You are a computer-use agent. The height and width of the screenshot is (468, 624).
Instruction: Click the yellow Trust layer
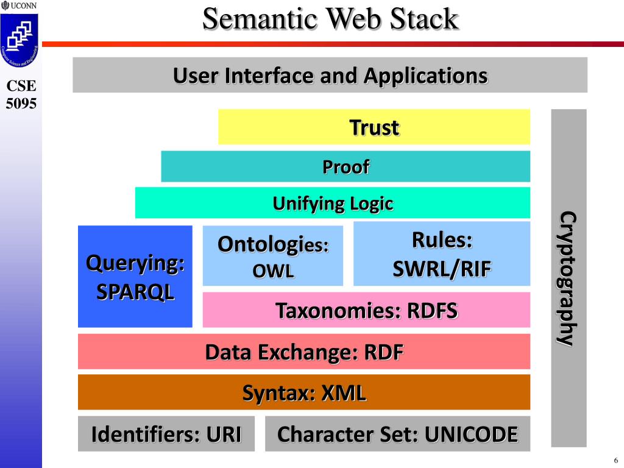374,127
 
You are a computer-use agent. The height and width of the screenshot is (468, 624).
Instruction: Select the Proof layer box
346,166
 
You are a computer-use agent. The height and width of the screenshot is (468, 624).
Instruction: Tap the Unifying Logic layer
333,203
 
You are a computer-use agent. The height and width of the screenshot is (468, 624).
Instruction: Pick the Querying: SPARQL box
135,277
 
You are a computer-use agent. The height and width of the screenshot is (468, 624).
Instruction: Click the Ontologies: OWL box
272,256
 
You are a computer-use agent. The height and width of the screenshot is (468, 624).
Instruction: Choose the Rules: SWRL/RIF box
441,253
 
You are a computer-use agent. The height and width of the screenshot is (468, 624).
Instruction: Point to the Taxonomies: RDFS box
366,310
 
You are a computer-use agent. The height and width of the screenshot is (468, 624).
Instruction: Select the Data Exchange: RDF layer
303,352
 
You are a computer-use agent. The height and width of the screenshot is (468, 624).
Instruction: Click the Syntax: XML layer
303,392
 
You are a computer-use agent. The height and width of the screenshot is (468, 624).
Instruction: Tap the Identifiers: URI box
166,434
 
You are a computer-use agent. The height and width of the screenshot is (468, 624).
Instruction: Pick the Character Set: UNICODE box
397,434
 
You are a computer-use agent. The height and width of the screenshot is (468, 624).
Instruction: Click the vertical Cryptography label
569,278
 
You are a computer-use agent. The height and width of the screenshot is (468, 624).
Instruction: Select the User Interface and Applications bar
330,76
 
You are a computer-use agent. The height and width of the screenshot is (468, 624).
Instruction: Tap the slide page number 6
615,460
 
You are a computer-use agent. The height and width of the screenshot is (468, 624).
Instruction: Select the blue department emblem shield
19,37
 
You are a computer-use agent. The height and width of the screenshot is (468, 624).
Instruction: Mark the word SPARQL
135,291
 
